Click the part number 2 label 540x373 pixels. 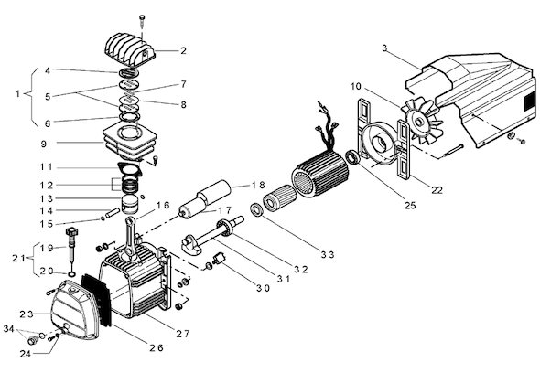[x=183, y=50]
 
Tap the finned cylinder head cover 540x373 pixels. [x=129, y=50]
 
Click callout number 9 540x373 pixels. [x=43, y=144]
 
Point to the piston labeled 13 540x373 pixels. [x=130, y=205]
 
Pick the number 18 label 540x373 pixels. [x=258, y=185]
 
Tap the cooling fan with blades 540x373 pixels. [x=421, y=123]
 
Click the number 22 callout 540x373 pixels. [x=437, y=189]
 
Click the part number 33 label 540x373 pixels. [x=328, y=255]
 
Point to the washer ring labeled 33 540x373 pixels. [x=256, y=210]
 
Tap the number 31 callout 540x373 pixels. [x=284, y=279]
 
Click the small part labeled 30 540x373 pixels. [x=219, y=259]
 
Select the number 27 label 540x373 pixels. [x=183, y=334]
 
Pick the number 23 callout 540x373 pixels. [x=27, y=314]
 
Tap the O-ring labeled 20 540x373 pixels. [x=71, y=274]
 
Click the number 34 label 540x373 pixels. [x=8, y=329]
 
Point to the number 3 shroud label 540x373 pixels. [x=384, y=48]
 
